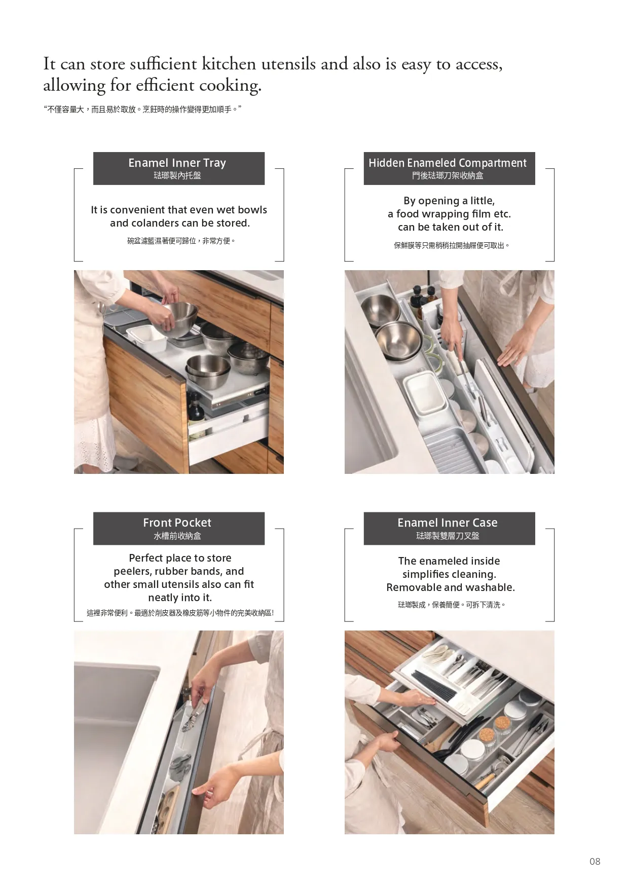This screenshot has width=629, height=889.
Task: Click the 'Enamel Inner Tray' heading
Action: [177, 163]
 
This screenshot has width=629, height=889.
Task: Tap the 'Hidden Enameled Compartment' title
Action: [448, 163]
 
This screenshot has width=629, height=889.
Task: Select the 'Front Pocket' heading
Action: [177, 523]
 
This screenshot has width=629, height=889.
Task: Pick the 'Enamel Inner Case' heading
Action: [448, 523]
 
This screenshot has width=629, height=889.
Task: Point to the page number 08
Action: [595, 861]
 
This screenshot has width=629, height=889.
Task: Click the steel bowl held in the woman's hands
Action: [180, 319]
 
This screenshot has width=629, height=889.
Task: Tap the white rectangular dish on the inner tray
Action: [146, 338]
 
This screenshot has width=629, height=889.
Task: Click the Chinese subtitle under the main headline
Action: [142, 109]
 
